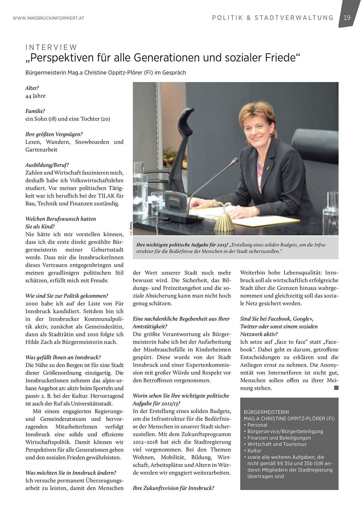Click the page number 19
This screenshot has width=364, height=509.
pos(347,18)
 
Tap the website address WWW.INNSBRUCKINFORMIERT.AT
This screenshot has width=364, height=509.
pos(48,18)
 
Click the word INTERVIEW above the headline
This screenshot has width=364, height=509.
pos(51,47)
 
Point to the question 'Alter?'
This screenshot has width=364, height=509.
pos(32,88)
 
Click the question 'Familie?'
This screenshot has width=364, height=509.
pos(35,111)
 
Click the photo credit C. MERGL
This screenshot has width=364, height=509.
pos(131,228)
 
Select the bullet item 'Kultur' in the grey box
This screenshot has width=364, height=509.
pos(254,451)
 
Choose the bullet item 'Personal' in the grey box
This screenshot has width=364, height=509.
pos(257,425)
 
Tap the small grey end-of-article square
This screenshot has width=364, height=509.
pos(336,388)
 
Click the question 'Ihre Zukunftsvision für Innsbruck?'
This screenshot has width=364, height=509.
pos(174,488)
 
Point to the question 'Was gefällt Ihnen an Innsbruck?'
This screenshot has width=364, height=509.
pos(63,357)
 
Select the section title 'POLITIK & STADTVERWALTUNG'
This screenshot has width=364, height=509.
pos(273,18)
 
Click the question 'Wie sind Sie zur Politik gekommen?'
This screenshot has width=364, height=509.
pos(67,296)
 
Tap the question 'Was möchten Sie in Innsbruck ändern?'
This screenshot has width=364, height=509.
pos(71,473)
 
